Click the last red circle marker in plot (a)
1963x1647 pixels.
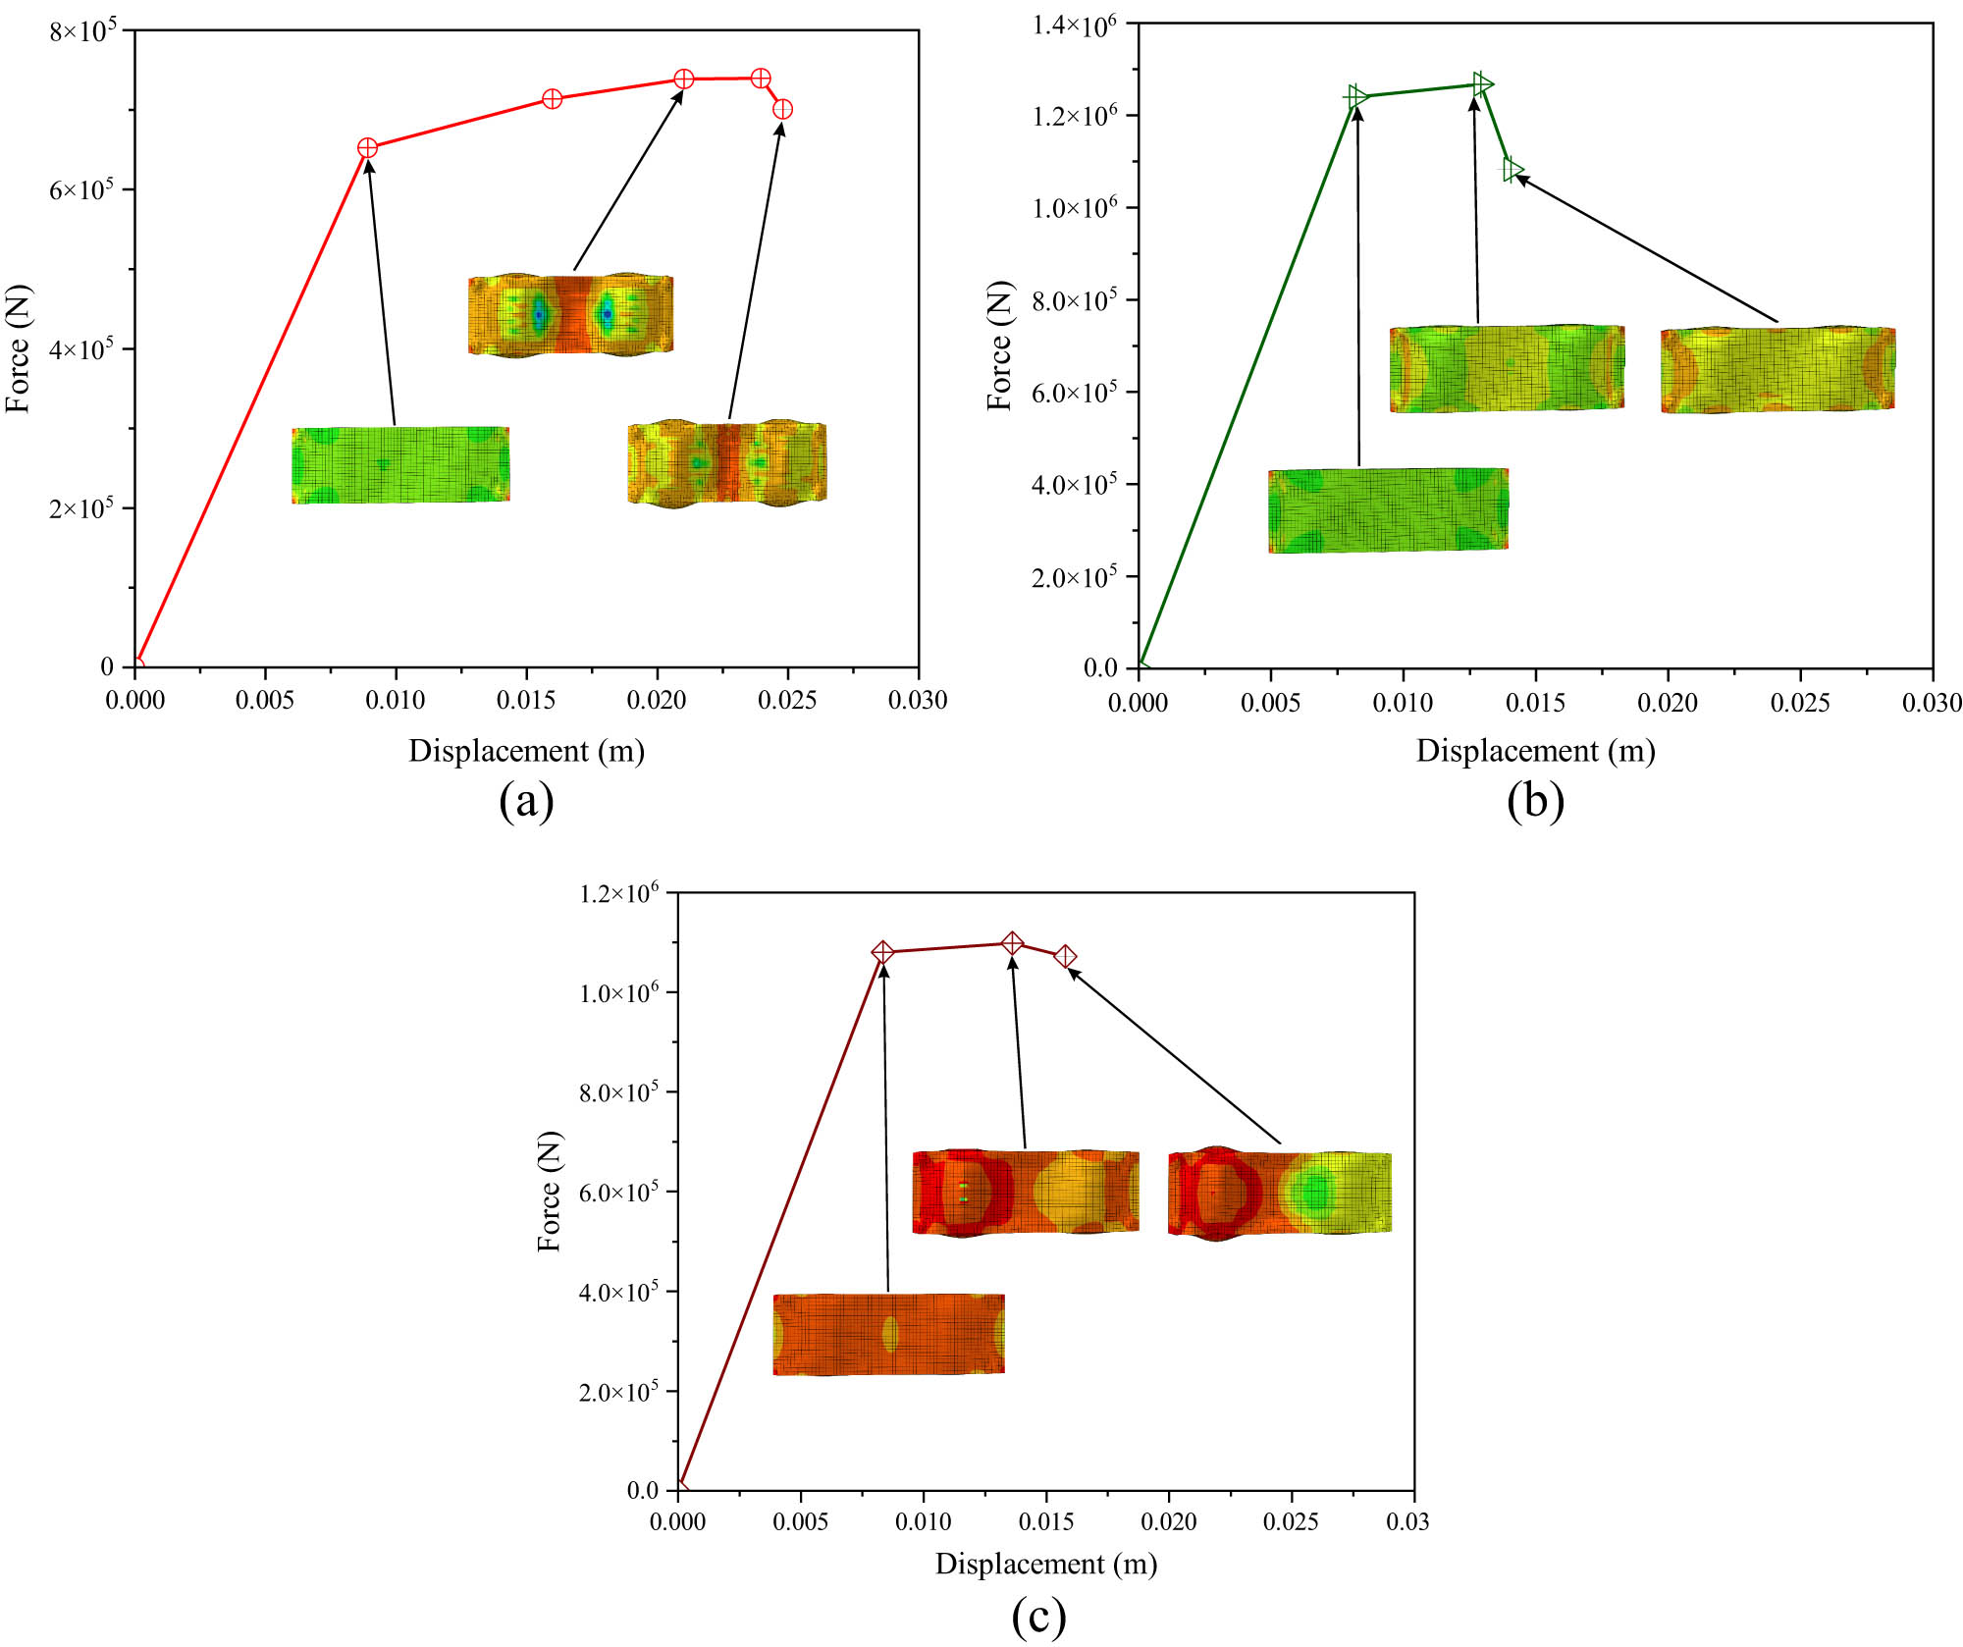(782, 109)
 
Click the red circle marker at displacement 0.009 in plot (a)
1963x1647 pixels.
(367, 148)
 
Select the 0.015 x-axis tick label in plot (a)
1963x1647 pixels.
(526, 700)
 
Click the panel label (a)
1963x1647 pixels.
(526, 801)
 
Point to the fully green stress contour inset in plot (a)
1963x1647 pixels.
(400, 465)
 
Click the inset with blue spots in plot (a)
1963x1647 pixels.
(571, 315)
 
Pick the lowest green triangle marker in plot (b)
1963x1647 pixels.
(1512, 170)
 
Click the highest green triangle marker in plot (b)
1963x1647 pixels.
(1483, 84)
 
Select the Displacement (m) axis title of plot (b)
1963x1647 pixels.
(1535, 751)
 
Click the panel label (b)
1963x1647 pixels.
(1535, 801)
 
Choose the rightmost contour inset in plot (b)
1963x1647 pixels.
(1777, 370)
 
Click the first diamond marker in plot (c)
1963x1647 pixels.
(882, 952)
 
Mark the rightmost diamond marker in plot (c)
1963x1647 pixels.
(1065, 956)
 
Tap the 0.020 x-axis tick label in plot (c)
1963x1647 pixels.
(1168, 1522)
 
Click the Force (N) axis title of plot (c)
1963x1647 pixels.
(550, 1192)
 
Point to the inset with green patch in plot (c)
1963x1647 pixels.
(1280, 1193)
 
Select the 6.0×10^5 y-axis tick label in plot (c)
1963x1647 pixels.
(617, 1193)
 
